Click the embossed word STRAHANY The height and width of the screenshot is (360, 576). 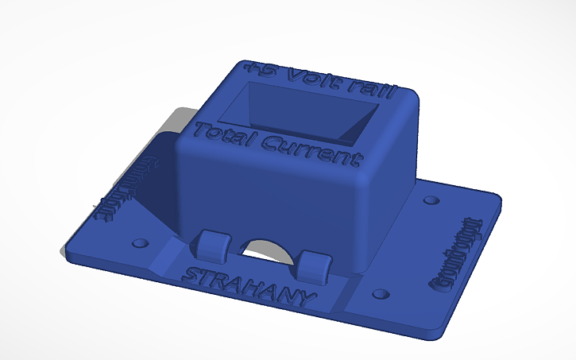coord(249,286)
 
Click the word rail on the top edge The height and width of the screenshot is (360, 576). coord(370,89)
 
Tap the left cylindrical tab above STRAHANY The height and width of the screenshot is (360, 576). coord(213,246)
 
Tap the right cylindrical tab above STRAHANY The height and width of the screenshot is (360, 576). coord(315,266)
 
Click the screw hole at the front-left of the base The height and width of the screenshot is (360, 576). coord(141,241)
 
